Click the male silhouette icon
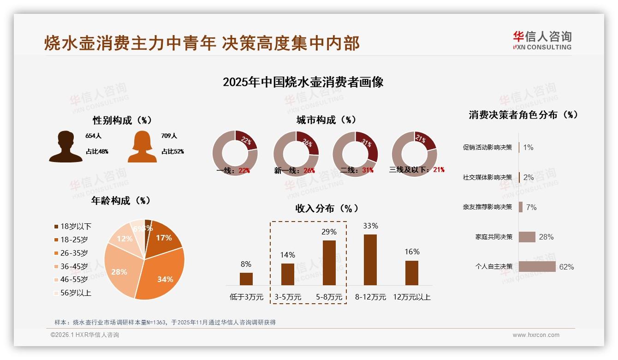point(66,147)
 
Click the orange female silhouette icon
point(142,147)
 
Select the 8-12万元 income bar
point(370,260)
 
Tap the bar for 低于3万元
point(246,279)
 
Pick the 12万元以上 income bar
point(412,273)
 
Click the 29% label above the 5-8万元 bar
point(329,232)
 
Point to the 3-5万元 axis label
point(288,297)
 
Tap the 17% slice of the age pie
point(164,239)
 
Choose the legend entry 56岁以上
point(72,293)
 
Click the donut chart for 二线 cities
point(355,154)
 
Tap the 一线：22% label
point(233,170)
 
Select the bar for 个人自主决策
point(537,267)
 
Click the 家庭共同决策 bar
point(527,237)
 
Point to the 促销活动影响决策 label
point(487,148)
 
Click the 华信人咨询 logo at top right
point(542,41)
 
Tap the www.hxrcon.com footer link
point(536,335)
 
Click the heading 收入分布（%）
point(327,208)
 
